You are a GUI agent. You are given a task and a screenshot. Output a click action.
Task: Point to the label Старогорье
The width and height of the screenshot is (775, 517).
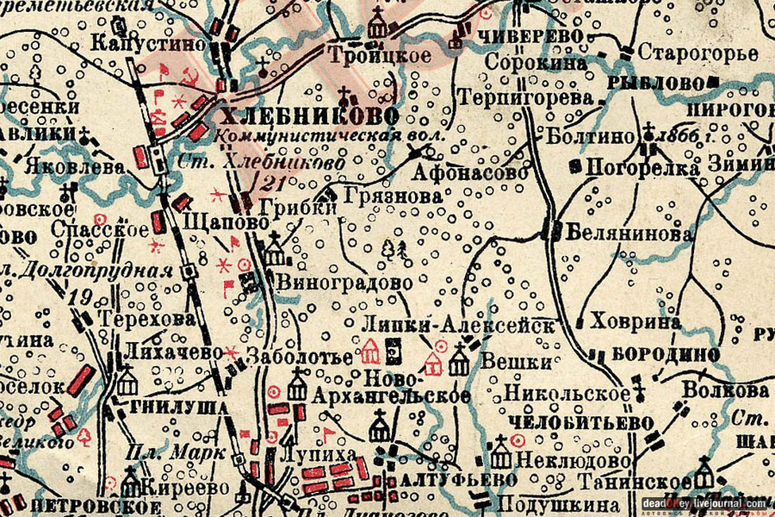click(x=697, y=53)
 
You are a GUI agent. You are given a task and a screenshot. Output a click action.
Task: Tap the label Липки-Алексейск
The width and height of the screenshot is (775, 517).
click(x=458, y=325)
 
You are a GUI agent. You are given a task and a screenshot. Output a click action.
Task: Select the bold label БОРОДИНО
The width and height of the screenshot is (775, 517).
click(x=666, y=355)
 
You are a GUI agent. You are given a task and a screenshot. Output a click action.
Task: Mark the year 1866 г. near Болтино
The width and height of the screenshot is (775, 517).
click(x=682, y=136)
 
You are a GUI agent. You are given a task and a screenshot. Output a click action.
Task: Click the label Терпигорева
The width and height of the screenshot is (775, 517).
click(x=525, y=97)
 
